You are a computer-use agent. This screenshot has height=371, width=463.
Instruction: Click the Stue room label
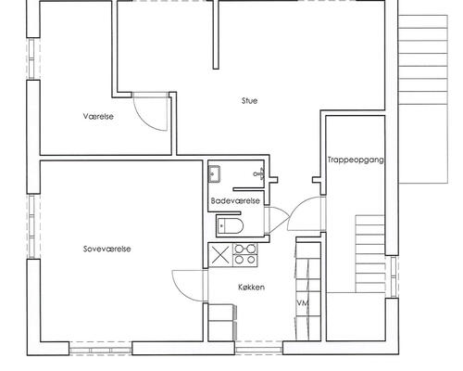[x=249, y=101]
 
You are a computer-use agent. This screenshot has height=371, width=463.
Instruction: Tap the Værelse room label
[x=98, y=117]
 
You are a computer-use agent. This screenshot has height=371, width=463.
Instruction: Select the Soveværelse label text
[x=106, y=249]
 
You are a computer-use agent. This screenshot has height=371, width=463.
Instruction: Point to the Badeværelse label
[x=235, y=200]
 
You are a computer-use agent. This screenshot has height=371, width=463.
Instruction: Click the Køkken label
[x=251, y=287]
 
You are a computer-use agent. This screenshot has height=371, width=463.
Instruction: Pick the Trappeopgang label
[x=356, y=160]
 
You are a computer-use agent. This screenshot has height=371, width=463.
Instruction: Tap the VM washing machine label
[x=303, y=303]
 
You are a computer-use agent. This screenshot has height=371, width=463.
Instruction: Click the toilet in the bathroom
[x=230, y=225]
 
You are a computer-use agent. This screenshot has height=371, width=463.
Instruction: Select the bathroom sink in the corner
[x=214, y=174]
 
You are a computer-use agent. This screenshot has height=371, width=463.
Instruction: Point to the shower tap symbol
[x=259, y=174]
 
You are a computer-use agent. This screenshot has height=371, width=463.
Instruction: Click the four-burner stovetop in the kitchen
[x=244, y=254]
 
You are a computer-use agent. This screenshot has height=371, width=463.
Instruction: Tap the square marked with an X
[x=220, y=255]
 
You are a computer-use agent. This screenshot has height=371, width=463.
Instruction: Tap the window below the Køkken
[x=258, y=350]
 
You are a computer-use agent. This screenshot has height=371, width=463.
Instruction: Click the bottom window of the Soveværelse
[x=100, y=350]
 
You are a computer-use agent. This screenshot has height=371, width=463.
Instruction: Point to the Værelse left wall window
[x=33, y=58]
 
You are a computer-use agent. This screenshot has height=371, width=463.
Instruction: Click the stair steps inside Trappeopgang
[x=370, y=253]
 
